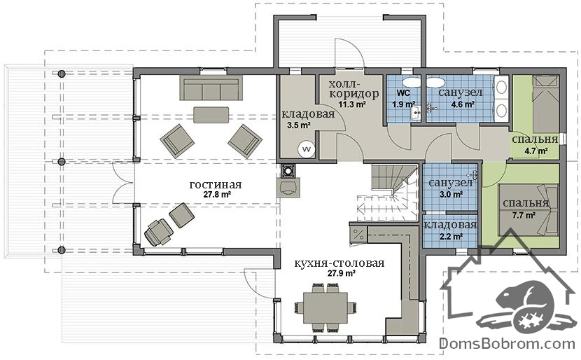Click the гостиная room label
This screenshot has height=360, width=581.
click(216, 185)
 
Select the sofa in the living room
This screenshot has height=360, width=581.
click(211, 88)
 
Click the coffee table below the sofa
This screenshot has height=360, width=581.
click(211, 115)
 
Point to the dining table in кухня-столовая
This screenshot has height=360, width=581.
click(325, 307)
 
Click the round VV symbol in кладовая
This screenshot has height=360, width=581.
click(307, 149)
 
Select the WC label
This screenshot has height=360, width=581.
click(403, 92)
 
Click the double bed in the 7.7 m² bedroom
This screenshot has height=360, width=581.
click(528, 210)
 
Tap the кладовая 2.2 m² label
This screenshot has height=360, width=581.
click(450, 230)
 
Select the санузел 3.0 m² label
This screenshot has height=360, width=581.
click(451, 188)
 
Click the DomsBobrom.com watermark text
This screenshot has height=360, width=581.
click(507, 344)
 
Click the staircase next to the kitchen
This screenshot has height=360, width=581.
click(388, 193)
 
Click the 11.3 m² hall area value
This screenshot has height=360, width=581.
click(352, 104)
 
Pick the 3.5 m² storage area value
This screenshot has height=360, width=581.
click(299, 125)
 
